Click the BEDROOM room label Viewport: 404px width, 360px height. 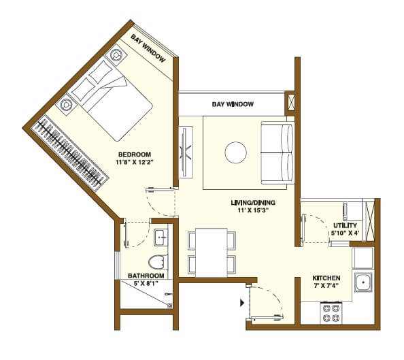pos(134,154)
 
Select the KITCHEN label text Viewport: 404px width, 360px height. pos(326,278)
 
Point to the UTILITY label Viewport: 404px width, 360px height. pos(346,225)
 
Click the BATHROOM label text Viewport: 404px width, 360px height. pos(146,276)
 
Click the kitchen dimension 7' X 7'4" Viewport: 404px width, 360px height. pos(326,287)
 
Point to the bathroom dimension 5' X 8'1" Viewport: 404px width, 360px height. pos(146,284)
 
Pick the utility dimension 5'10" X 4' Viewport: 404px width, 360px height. pos(346,233)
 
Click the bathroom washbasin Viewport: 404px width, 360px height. pos(161,238)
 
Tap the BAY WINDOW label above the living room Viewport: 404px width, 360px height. pos(233,105)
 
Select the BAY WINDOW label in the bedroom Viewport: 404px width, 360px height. pos(149,47)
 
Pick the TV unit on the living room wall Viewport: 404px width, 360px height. pos(185,152)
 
